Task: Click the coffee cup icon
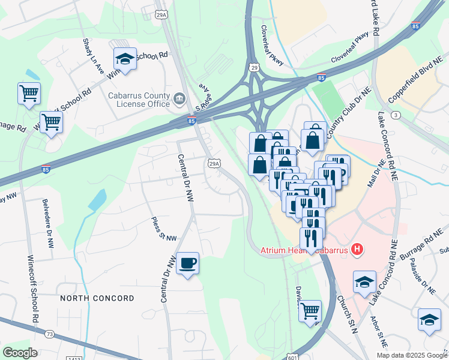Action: (x=187, y=263)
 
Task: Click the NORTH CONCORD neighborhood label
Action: (x=97, y=298)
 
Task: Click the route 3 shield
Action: (x=394, y=114)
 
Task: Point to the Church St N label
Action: (x=346, y=314)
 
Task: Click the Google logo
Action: (x=20, y=353)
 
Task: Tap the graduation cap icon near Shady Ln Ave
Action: (x=125, y=58)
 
